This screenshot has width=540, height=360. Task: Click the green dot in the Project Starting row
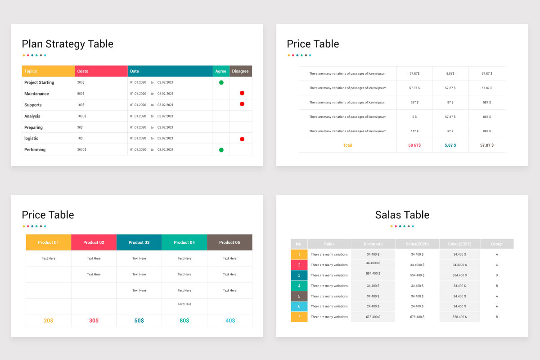[221, 82]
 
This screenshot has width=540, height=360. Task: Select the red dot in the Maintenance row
[242, 93]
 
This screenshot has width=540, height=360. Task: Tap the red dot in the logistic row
[242, 139]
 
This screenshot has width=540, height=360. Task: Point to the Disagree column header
[240, 71]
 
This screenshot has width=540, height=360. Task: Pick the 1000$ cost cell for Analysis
[82, 116]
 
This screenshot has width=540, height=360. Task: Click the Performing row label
[35, 149]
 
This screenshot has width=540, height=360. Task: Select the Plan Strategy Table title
[67, 44]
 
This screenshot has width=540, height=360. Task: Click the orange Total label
[347, 145]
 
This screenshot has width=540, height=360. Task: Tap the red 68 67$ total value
[414, 145]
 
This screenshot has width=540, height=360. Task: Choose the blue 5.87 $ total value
[450, 145]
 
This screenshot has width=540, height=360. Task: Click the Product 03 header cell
[139, 243]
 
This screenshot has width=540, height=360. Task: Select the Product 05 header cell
[229, 243]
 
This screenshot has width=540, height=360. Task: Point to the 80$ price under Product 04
[184, 320]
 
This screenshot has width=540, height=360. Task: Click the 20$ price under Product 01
[48, 320]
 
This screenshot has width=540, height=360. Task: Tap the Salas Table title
[402, 215]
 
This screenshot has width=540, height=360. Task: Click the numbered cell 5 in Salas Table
[299, 296]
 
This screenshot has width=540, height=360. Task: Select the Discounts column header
[373, 244]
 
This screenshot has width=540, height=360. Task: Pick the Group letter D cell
[497, 275]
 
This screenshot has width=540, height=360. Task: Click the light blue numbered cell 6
[299, 306]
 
